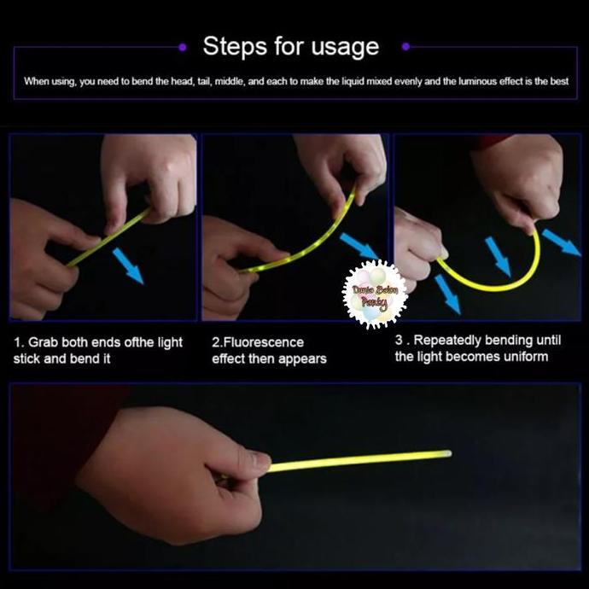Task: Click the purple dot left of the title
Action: pos(183,47)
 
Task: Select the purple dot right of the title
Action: pos(405,47)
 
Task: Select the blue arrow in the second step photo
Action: pos(359,248)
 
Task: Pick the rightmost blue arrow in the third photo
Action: pos(561,242)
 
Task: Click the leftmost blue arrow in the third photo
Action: pos(446,294)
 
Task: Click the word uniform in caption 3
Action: pos(522,356)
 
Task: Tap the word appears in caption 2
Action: pos(300,359)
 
